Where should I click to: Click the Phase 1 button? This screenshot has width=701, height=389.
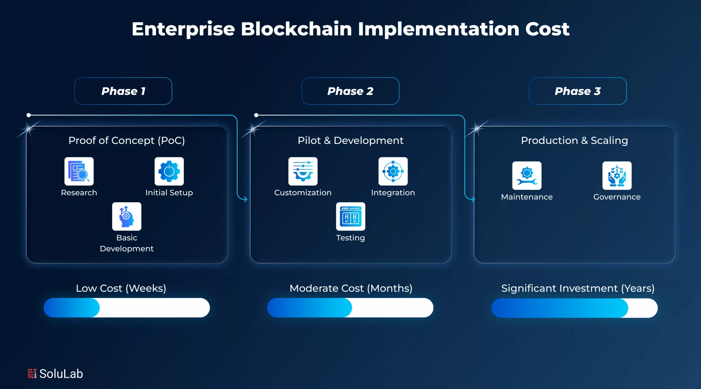click(123, 91)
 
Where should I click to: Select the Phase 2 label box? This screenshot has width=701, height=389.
click(350, 91)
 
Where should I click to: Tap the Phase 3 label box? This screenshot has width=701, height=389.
click(578, 91)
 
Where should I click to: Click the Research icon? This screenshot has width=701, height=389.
click(79, 172)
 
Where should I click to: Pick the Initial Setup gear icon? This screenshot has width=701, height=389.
click(169, 172)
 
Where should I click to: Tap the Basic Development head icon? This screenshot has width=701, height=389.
click(127, 216)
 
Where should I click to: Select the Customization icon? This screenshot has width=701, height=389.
click(303, 172)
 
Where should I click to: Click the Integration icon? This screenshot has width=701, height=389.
click(393, 172)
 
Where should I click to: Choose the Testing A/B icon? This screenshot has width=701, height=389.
click(350, 216)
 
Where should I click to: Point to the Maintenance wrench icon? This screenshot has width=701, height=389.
click(527, 176)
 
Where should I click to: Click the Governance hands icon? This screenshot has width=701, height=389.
click(617, 176)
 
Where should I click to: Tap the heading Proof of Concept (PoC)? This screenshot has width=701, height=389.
click(127, 141)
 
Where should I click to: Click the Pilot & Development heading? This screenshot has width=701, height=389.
click(350, 141)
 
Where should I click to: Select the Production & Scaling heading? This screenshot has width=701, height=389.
click(574, 141)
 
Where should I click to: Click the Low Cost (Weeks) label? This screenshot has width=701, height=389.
click(121, 288)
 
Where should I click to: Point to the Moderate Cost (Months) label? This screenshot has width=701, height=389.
click(351, 288)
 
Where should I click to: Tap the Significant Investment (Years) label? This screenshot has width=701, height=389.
click(578, 288)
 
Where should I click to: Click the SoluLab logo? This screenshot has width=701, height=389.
click(55, 374)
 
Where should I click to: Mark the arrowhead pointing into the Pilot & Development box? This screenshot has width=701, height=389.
click(245, 199)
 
